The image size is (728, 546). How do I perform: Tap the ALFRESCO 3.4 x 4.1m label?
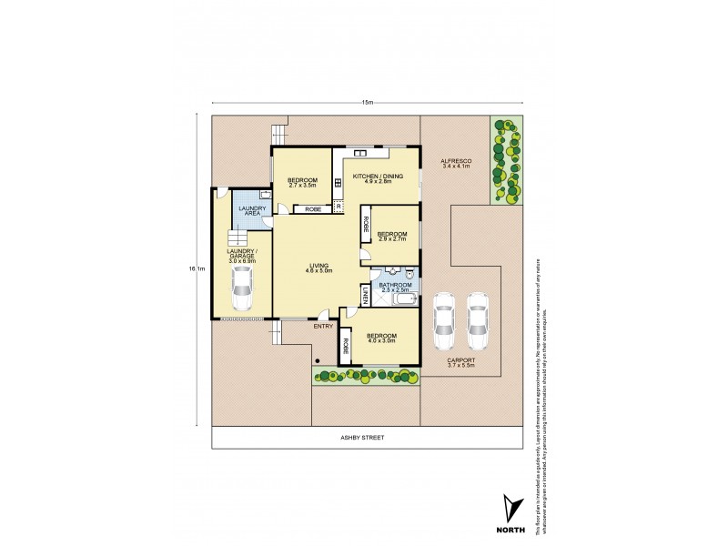click(x=454, y=162)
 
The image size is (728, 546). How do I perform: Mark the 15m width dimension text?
click(x=367, y=102)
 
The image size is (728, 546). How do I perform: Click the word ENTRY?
click(x=322, y=325)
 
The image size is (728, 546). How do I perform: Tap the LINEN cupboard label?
click(x=365, y=295)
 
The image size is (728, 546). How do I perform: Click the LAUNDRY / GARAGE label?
click(x=241, y=257)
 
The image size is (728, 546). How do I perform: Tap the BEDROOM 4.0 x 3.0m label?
click(x=382, y=339)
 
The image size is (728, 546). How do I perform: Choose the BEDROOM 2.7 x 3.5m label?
click(x=302, y=182)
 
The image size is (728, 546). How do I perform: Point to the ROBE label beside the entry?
click(x=348, y=347)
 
